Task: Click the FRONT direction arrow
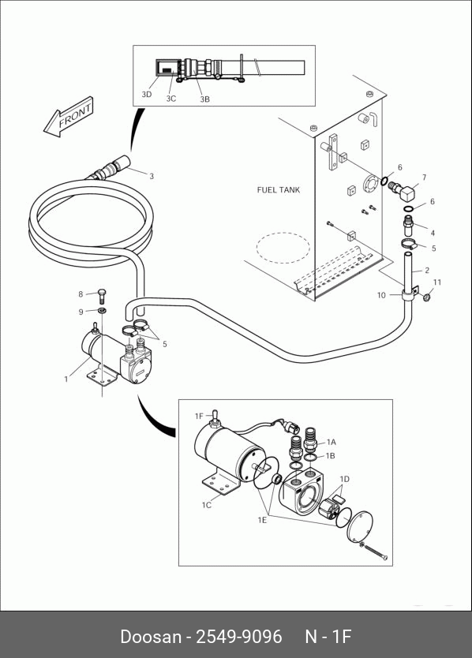pyautogui.click(x=69, y=117)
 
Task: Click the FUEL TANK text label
pyautogui.click(x=279, y=190)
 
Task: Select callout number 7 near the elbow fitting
pyautogui.click(x=424, y=178)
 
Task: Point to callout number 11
pyautogui.click(x=437, y=282)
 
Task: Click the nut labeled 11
pyautogui.click(x=427, y=298)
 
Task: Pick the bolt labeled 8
pyautogui.click(x=102, y=296)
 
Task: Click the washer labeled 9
pyautogui.click(x=102, y=311)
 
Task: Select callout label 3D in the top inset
pyautogui.click(x=147, y=95)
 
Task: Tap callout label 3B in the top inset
pyautogui.click(x=204, y=99)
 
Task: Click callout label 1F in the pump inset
pyautogui.click(x=199, y=417)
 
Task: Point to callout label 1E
pyautogui.click(x=262, y=520)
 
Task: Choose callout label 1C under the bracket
pyautogui.click(x=207, y=505)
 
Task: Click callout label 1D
pyautogui.click(x=344, y=479)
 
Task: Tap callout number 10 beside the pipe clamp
pyautogui.click(x=381, y=295)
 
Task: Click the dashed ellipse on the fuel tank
pyautogui.click(x=283, y=248)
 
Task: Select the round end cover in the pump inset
pyautogui.click(x=360, y=527)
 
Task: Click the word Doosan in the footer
pyautogui.click(x=150, y=637)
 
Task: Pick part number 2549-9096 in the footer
pyautogui.click(x=239, y=637)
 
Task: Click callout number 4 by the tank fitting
pyautogui.click(x=433, y=233)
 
